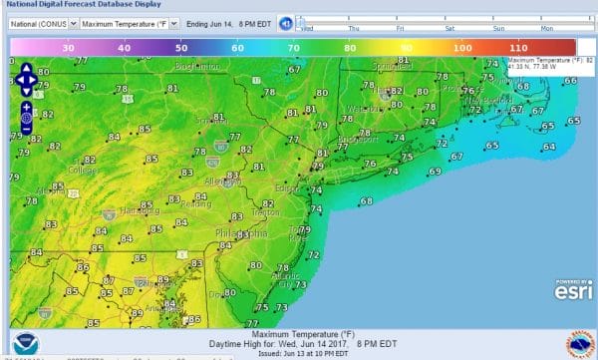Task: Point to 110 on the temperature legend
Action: tap(518, 46)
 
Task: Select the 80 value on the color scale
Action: tap(350, 46)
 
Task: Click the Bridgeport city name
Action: tap(359, 141)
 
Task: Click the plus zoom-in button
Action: tap(25, 106)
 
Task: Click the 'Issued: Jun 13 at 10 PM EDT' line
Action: tap(300, 352)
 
